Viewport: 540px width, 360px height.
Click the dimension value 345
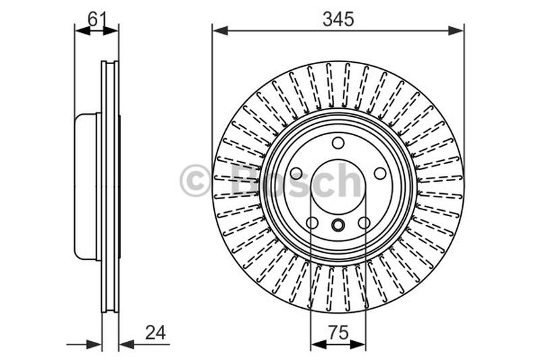pyautogui.click(x=337, y=20)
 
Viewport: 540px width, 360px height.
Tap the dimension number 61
pyautogui.click(x=97, y=19)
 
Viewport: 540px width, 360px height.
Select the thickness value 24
pyautogui.click(x=155, y=332)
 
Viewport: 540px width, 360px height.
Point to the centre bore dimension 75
pyautogui.click(x=338, y=332)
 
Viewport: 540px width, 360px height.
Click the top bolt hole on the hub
pyautogui.click(x=338, y=143)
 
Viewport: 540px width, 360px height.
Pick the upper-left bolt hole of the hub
pyautogui.click(x=296, y=174)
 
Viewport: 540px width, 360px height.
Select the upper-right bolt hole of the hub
pyautogui.click(x=381, y=174)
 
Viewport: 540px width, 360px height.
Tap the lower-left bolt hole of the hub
pyautogui.click(x=312, y=223)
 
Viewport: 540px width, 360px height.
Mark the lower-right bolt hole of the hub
pyautogui.click(x=364, y=223)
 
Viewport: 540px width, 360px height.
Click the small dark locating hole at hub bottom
pyautogui.click(x=338, y=226)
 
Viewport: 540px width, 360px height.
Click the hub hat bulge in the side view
pyautogui.click(x=86, y=186)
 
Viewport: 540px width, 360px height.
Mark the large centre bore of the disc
pyautogui.click(x=338, y=182)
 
